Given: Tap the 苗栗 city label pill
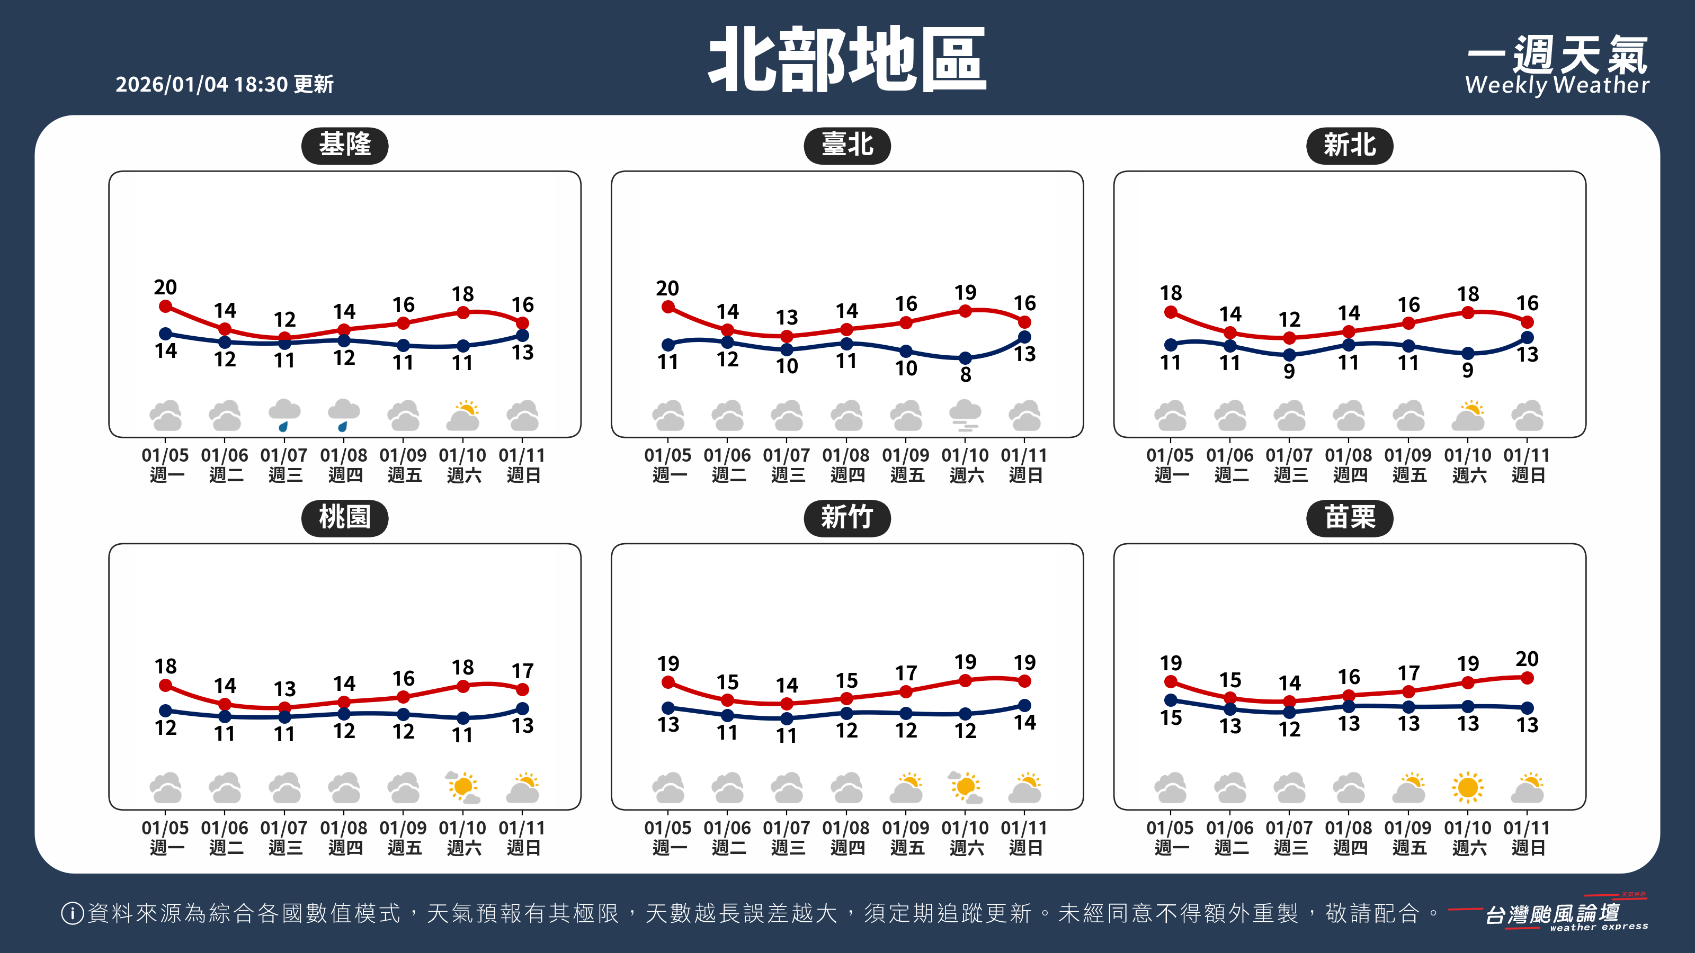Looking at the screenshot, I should pos(1349,518).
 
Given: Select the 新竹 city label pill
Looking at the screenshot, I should pos(847,518).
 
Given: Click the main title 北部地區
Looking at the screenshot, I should pos(847,59).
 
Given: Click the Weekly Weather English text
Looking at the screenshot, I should pos(1557,85).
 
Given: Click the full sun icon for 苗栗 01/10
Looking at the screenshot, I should pos(1467,787).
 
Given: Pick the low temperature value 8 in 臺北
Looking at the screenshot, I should pos(965,374).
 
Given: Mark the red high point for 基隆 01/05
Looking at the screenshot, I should pos(166,307).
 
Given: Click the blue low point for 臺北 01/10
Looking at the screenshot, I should pos(965,358).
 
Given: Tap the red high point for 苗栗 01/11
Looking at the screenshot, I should pos(1527,678).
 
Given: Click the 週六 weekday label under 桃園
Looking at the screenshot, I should pos(464,848).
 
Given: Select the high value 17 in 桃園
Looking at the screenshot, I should pos(522,671).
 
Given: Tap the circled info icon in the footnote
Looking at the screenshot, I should pos(72,913).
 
